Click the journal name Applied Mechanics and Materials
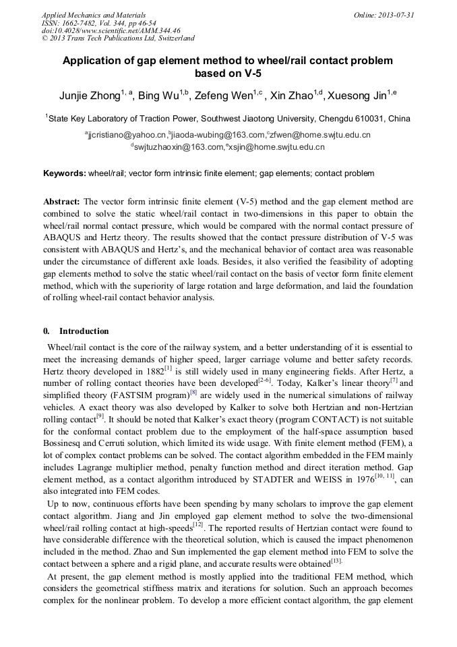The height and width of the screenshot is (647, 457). click(x=93, y=14)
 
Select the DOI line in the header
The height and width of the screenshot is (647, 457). click(x=111, y=30)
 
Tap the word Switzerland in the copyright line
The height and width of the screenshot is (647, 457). click(x=172, y=38)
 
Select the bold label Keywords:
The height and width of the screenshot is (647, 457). click(x=65, y=173)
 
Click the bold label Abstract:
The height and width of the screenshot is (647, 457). click(x=62, y=202)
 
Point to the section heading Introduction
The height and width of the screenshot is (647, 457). click(x=84, y=331)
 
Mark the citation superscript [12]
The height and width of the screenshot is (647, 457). click(x=197, y=525)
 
